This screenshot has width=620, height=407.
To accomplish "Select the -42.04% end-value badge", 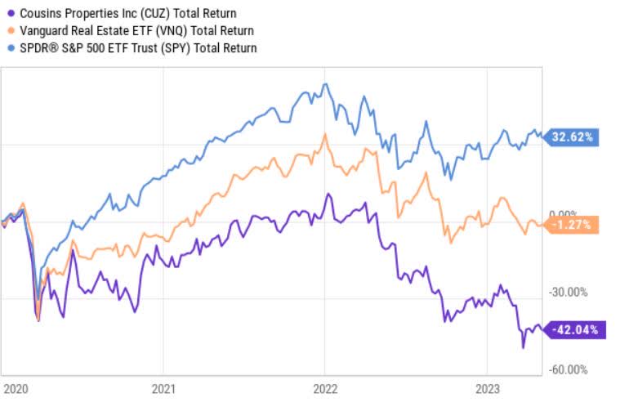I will click(575, 330).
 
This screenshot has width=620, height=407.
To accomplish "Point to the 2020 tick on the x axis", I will click(16, 388).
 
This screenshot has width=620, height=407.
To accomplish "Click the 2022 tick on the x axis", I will click(325, 388).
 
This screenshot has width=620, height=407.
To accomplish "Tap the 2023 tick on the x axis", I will click(487, 388).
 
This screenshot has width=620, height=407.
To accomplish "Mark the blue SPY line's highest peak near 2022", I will click(326, 83).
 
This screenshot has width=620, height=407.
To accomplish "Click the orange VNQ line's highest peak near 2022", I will click(325, 133).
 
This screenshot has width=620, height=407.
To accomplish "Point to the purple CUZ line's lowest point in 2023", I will click(523, 347).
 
